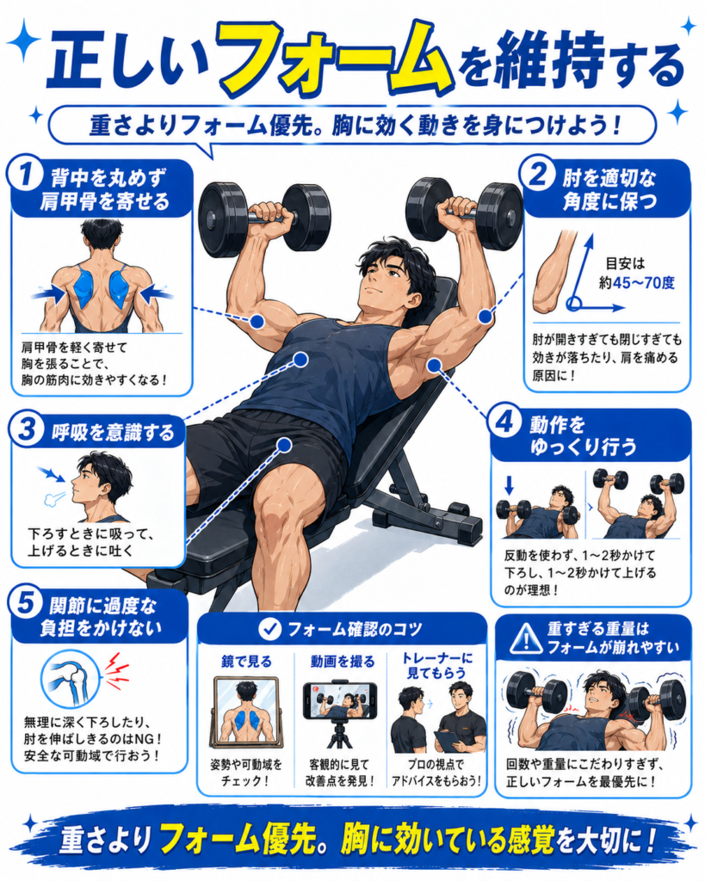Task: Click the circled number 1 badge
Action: click(x=25, y=174)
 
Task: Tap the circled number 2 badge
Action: click(x=538, y=175)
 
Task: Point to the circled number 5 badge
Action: click(x=26, y=603)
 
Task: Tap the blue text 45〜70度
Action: click(x=644, y=282)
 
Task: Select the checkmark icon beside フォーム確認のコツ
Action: click(x=269, y=629)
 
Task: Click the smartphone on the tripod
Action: click(x=339, y=700)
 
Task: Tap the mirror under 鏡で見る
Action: click(x=247, y=717)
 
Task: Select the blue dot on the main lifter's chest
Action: click(x=300, y=359)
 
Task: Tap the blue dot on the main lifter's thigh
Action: click(x=284, y=445)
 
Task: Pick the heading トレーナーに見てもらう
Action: click(x=436, y=665)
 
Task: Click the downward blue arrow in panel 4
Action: click(x=509, y=485)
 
